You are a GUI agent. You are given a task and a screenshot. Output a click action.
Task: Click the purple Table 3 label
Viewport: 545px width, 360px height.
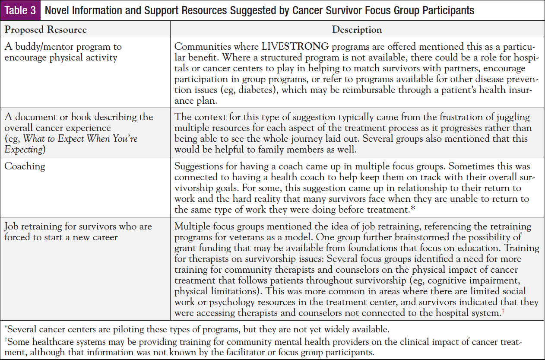pyautogui.click(x=20, y=10)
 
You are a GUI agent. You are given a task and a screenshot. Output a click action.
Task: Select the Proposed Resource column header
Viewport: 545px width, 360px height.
pyautogui.click(x=45, y=29)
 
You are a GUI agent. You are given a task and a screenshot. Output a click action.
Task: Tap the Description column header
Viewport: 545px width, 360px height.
pyautogui.click(x=357, y=29)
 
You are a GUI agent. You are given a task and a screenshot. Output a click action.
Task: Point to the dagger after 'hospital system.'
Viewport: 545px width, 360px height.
pyautogui.click(x=503, y=311)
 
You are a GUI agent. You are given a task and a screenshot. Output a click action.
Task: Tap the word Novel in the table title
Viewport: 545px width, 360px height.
pyautogui.click(x=57, y=10)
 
